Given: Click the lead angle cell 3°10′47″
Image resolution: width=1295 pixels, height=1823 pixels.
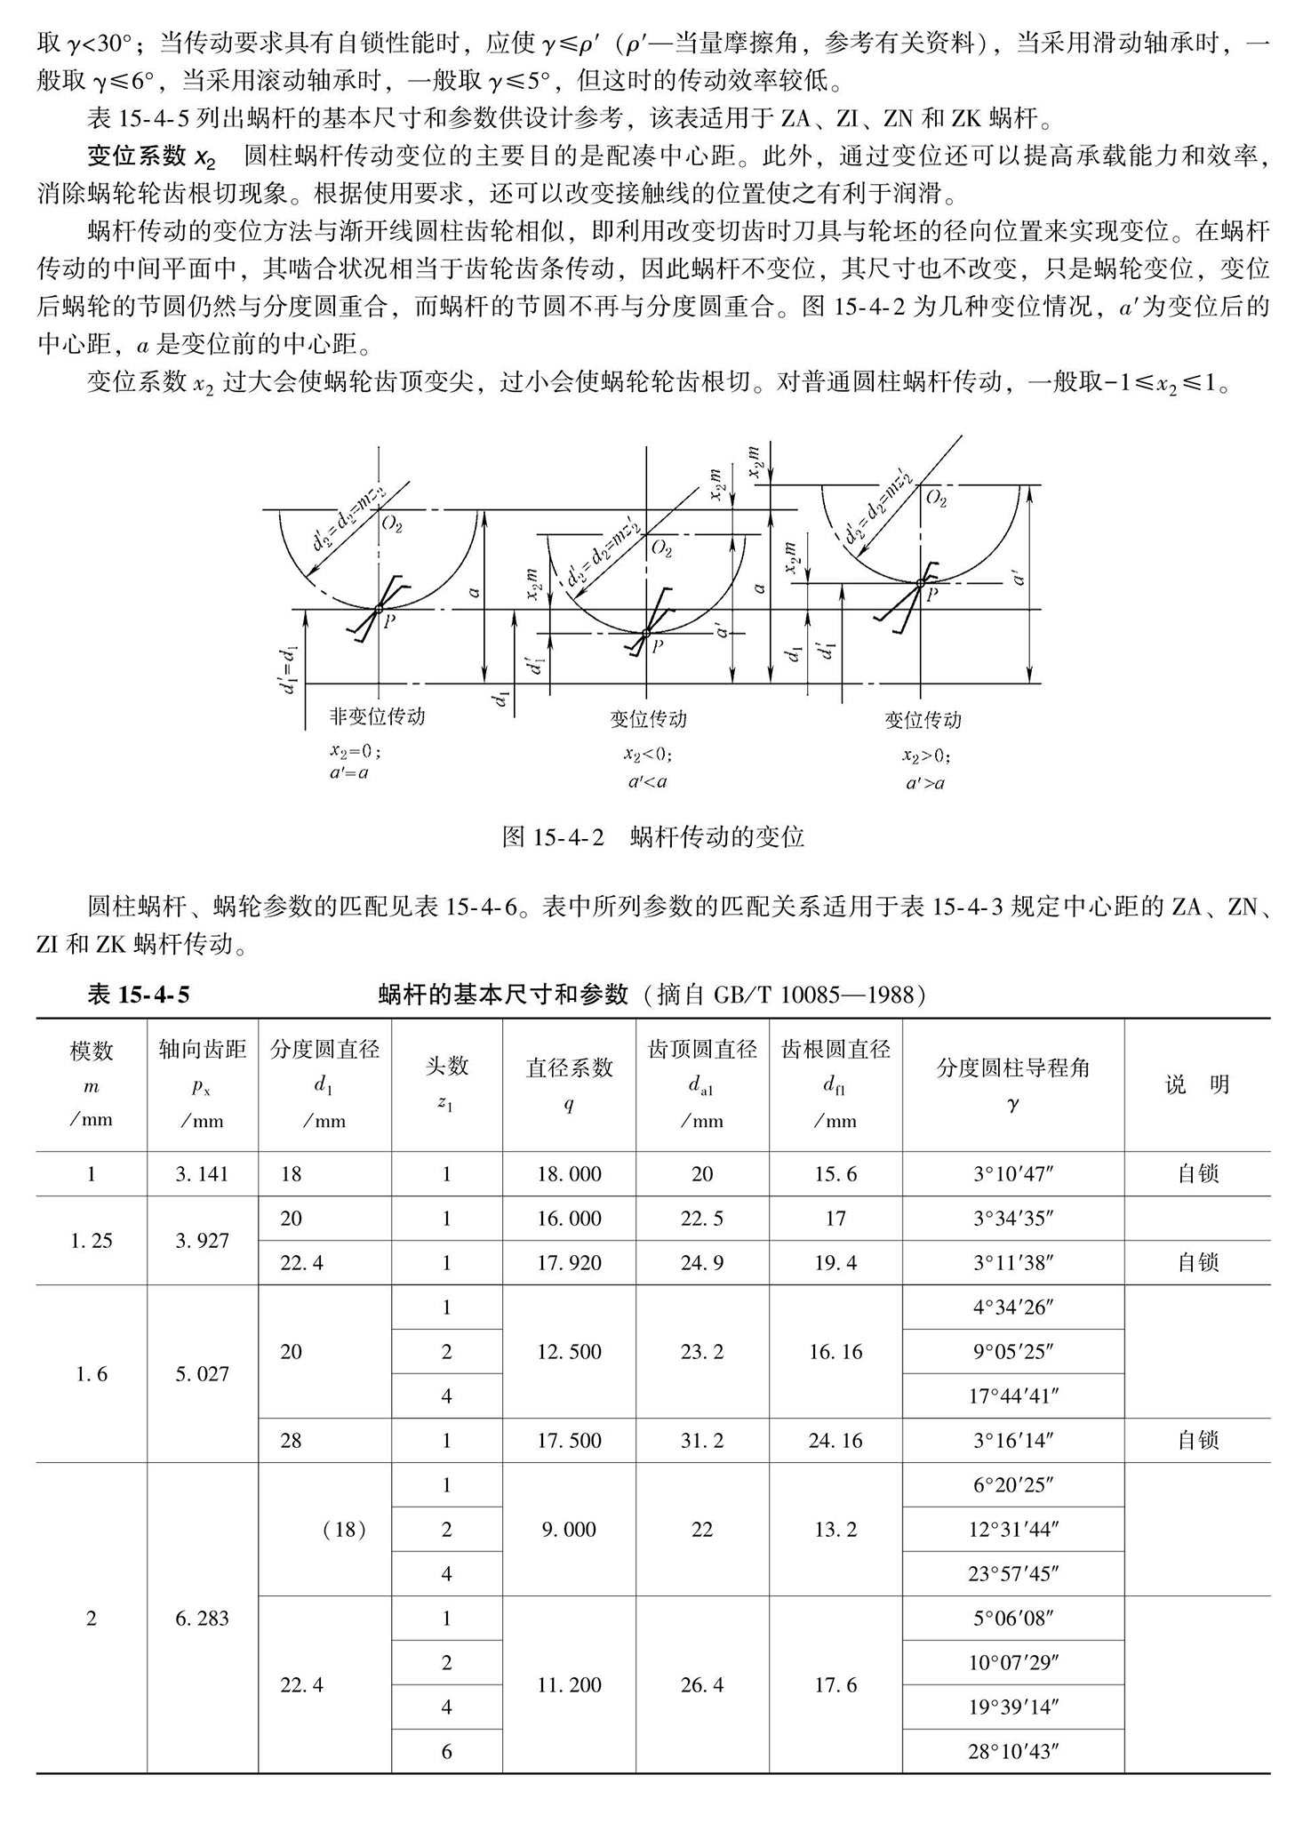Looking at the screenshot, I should (x=1012, y=1174).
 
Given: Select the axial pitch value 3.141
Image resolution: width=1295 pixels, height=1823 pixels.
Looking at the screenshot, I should (x=202, y=1174).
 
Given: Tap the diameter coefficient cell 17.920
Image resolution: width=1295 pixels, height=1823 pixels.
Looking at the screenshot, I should (x=569, y=1263).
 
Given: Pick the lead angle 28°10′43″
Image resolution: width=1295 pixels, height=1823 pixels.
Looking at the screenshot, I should (x=1012, y=1752).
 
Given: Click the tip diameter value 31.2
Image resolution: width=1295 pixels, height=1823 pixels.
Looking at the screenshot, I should (x=702, y=1441).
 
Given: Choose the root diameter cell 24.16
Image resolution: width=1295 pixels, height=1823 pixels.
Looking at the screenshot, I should (x=835, y=1441).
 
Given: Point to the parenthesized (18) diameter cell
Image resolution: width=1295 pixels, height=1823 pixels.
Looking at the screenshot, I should (x=345, y=1530).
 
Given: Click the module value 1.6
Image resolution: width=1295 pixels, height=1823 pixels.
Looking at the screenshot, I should (x=92, y=1374).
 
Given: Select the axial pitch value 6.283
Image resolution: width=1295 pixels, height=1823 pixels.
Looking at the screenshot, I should (x=202, y=1619).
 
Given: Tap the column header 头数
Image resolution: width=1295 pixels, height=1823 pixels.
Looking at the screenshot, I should (x=446, y=1067).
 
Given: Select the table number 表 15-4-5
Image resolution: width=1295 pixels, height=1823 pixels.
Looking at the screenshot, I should (x=139, y=995).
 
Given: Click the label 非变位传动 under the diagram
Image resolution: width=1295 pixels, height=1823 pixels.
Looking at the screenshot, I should (x=378, y=716).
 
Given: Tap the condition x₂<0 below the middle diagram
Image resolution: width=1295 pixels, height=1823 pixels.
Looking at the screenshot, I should (x=647, y=755).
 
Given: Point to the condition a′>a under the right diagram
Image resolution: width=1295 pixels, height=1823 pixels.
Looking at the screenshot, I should (x=924, y=783).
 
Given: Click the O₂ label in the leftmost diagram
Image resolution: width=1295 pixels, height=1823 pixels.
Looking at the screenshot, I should (x=392, y=524).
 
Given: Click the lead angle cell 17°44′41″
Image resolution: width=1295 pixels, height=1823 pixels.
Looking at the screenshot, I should (x=1012, y=1396).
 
